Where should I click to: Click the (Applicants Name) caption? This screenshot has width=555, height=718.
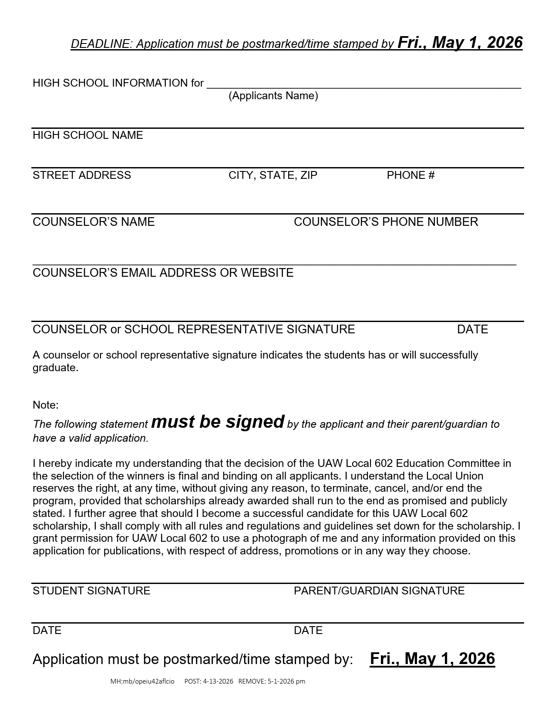coord(273,96)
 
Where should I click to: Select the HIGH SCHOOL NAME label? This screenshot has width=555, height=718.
coord(88,135)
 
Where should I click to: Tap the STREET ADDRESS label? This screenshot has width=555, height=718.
coord(82,175)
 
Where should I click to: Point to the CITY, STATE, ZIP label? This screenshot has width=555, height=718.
coord(273,175)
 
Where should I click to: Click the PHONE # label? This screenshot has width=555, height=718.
coord(410,175)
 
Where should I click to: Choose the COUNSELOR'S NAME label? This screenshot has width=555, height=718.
coord(94,222)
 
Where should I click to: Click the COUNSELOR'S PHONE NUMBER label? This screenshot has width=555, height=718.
coord(386,222)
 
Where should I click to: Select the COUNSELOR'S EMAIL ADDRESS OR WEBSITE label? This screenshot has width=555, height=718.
coord(163,273)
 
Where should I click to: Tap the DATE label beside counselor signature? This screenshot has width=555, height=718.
coord(472,329)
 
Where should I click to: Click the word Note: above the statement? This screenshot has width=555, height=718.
coord(46,405)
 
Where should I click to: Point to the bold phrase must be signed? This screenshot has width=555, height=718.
coord(218,422)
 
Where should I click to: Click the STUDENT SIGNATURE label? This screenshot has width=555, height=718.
coord(91,591)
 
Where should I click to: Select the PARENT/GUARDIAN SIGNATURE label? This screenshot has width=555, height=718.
coord(379,591)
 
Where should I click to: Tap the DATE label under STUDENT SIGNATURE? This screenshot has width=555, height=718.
coord(47,631)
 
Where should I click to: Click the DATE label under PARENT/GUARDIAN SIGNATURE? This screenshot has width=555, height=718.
coord(308,631)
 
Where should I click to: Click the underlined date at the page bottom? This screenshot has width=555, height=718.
coord(432,659)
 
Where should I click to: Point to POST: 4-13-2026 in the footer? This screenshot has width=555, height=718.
coord(209,681)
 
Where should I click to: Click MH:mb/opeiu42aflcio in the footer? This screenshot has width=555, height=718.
coord(142,681)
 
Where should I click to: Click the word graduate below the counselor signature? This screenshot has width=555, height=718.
coord(54,368)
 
